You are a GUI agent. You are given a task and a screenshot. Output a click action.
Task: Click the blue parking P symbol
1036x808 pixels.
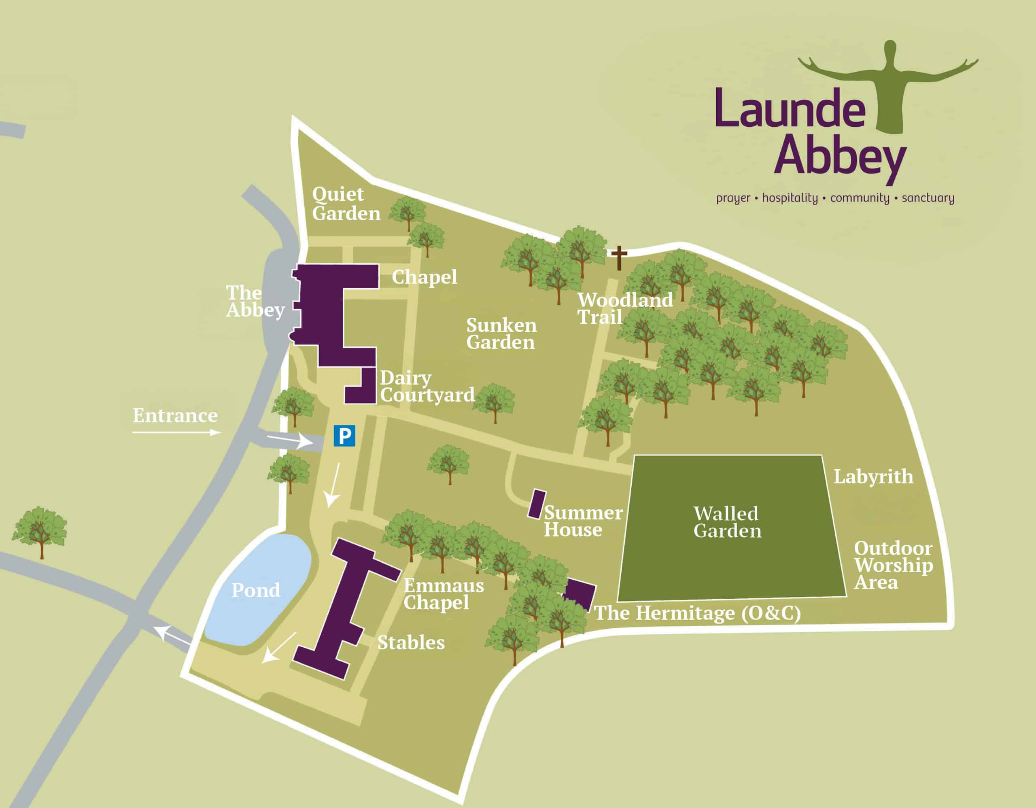[x=344, y=436]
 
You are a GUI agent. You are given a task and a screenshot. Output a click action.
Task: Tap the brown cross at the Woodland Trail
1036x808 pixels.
[x=618, y=257]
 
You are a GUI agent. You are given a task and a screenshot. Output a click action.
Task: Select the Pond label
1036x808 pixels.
[x=256, y=590]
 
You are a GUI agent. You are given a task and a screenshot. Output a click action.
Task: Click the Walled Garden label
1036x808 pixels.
[x=727, y=522]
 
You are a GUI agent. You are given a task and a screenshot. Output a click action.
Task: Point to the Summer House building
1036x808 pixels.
[x=537, y=504]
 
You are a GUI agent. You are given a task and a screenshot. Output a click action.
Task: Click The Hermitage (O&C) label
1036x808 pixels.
[x=697, y=613]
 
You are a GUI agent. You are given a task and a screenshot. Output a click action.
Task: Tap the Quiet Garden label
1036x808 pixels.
[x=346, y=204]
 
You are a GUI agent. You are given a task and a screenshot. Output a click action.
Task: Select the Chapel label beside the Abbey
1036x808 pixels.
[x=424, y=277]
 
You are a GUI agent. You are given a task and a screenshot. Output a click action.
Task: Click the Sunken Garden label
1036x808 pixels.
[x=501, y=334]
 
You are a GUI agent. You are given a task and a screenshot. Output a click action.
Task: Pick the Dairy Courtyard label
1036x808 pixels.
[x=427, y=387]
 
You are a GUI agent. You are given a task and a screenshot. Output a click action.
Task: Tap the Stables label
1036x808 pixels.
[x=411, y=643]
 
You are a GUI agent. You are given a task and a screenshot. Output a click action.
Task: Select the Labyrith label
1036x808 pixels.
[x=873, y=477]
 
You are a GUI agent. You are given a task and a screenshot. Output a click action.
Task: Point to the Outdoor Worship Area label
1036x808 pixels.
[x=893, y=565]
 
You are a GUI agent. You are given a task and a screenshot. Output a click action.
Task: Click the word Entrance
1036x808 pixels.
[x=175, y=416]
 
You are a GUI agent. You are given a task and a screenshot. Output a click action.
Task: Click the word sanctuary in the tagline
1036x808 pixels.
[x=928, y=198]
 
